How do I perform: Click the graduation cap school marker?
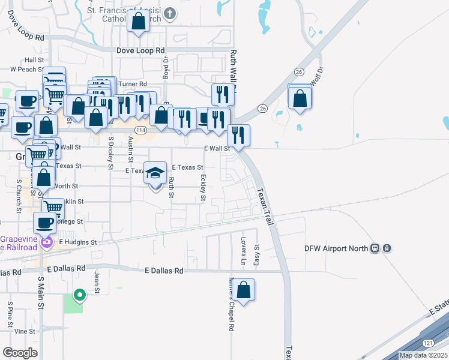[x=155, y=173]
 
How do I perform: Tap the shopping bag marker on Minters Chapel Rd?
[x=244, y=290]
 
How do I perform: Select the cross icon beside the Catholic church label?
[x=170, y=13]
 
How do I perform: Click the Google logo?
[x=20, y=352]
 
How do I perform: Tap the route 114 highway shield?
[x=140, y=130]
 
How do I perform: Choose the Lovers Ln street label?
[x=244, y=251]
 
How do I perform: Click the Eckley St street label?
[x=203, y=187]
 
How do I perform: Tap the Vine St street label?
[x=25, y=331]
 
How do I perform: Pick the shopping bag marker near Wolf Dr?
[x=300, y=98]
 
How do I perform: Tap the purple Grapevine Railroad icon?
[x=47, y=242]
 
